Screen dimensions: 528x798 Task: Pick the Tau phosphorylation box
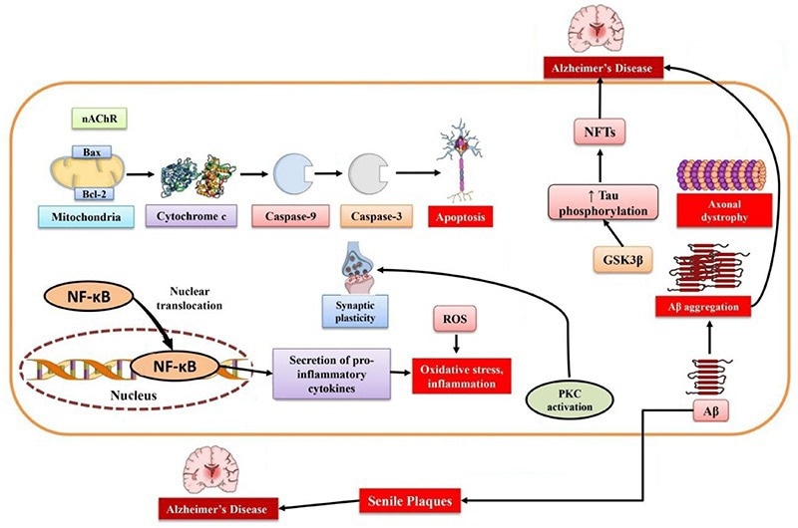click(x=598, y=200)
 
